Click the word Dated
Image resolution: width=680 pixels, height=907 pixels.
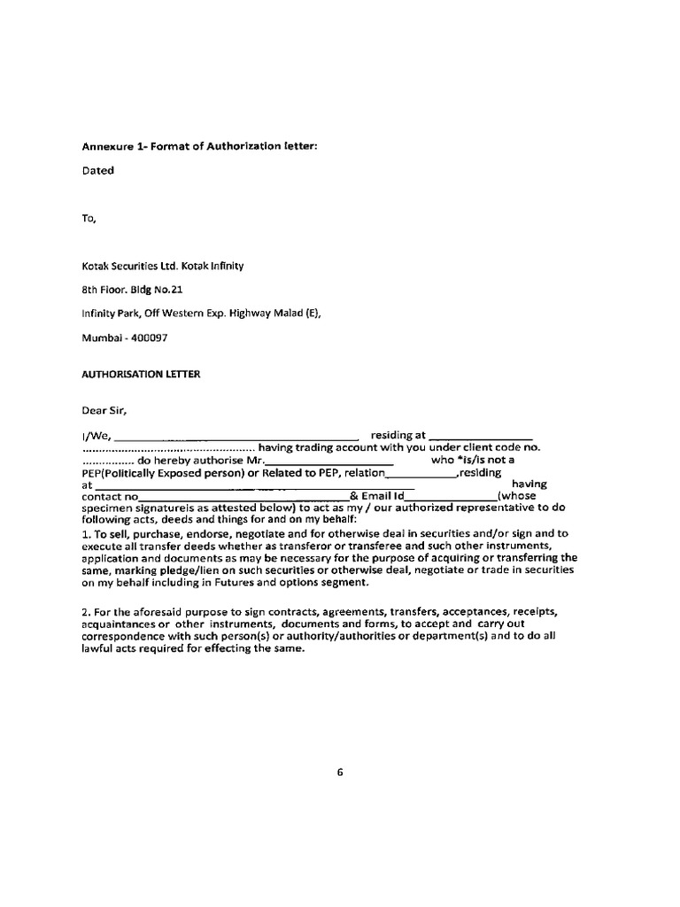[x=97, y=170]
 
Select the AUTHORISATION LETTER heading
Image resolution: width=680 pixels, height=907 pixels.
[x=141, y=374]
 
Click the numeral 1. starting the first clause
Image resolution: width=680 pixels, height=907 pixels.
[x=86, y=534]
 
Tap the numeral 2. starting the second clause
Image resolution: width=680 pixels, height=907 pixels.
[x=86, y=612]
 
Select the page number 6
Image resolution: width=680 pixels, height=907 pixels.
[x=339, y=771]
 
